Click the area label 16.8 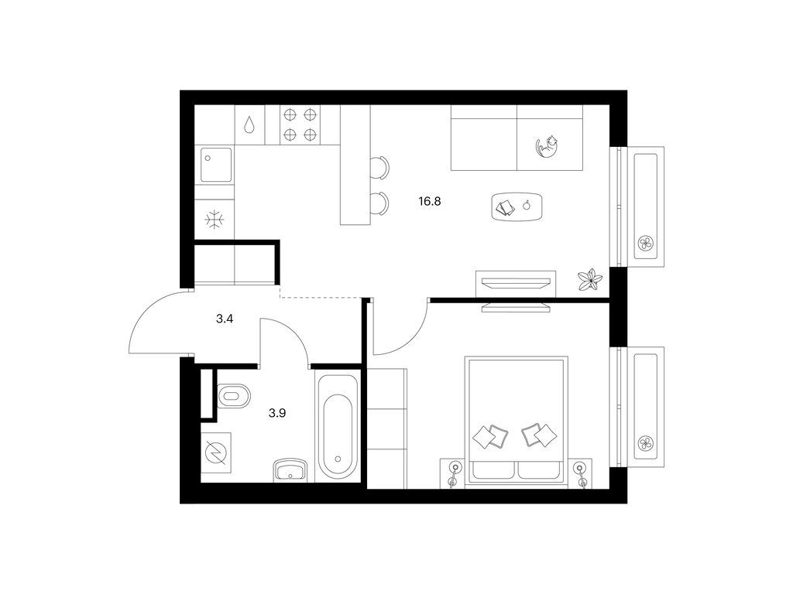tap(429, 202)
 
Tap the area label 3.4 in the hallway tap(224, 319)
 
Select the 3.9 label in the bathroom tap(277, 413)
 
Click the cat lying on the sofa tap(548, 146)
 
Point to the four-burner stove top tap(300, 125)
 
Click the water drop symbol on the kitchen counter tap(249, 125)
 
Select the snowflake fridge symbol tap(215, 220)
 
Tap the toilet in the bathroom tap(234, 396)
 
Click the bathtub tap(338, 425)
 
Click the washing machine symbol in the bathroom tap(216, 452)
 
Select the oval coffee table tap(517, 206)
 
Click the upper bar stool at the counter tap(379, 167)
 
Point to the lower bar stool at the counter tap(379, 203)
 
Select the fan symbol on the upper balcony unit tap(646, 244)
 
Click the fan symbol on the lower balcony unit tap(646, 443)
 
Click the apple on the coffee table tap(527, 205)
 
